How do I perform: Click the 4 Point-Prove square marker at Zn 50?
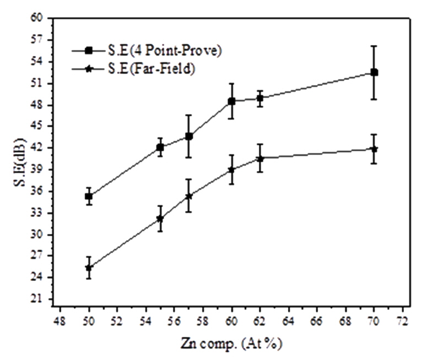[88, 196]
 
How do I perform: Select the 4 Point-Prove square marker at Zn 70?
[374, 72]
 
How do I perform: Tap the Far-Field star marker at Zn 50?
[88, 268]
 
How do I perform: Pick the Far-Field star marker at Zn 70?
[374, 149]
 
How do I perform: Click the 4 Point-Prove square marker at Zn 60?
[231, 101]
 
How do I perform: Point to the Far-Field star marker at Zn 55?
[160, 219]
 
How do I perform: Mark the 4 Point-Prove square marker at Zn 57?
[188, 136]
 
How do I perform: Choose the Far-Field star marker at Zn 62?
[260, 159]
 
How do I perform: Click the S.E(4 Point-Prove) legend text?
[158, 51]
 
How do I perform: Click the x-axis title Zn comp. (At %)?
[231, 345]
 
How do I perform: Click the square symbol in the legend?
[88, 51]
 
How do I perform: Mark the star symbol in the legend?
[88, 69]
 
